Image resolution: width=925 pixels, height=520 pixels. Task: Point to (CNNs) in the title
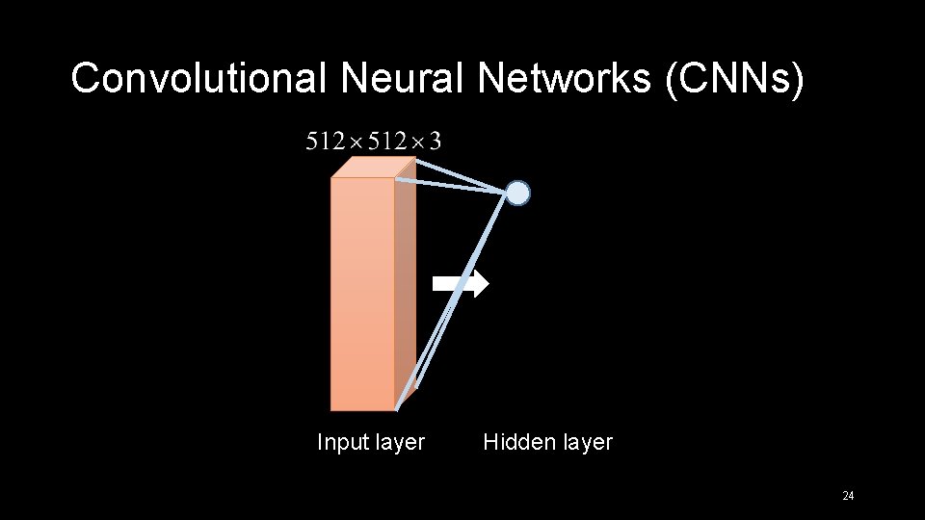point(733,79)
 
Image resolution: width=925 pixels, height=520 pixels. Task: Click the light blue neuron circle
point(518,194)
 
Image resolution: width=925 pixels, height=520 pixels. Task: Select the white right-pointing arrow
point(461,283)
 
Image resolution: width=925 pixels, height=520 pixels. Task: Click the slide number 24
point(848,496)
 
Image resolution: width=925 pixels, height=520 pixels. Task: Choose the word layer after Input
point(399,442)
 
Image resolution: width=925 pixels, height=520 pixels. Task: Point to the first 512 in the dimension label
point(325,143)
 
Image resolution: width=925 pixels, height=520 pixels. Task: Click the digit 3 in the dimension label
point(435,143)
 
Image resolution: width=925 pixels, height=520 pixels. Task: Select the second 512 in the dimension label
point(385,143)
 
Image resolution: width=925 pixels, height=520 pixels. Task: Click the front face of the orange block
point(362,294)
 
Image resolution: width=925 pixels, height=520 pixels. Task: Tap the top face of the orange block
point(372,168)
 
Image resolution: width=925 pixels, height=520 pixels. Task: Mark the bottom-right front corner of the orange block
point(394,410)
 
